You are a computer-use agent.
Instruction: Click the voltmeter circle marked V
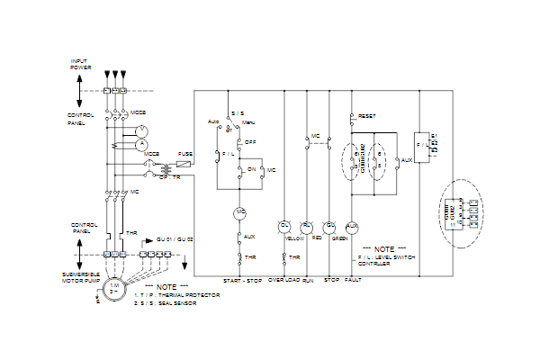click(140, 130)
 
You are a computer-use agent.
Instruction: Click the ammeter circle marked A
click(140, 144)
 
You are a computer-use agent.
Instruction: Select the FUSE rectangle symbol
click(184, 164)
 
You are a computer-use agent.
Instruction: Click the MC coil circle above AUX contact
click(240, 212)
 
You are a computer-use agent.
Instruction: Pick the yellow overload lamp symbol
click(284, 225)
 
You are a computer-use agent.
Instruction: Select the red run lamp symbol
click(307, 225)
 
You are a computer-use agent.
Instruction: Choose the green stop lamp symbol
click(329, 225)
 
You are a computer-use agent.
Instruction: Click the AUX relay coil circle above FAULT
click(352, 225)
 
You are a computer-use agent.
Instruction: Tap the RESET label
click(367, 116)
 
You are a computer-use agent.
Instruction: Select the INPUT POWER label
click(80, 65)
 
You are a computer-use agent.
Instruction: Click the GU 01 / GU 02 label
click(175, 239)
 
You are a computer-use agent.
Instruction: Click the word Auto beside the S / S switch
click(214, 121)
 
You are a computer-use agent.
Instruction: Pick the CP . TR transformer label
click(170, 178)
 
